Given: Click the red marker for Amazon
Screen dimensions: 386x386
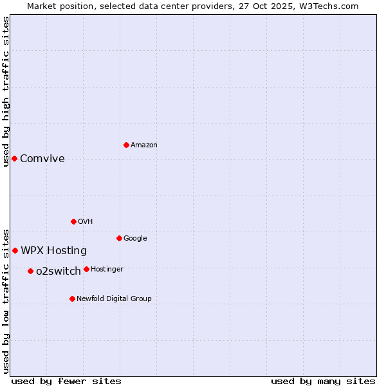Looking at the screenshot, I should pyautogui.click(x=126, y=145).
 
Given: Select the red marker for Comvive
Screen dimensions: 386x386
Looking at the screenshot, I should pyautogui.click(x=14, y=158).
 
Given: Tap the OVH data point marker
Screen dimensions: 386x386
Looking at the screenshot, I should pyautogui.click(x=73, y=221).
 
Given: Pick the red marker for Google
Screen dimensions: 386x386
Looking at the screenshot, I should pyautogui.click(x=119, y=238).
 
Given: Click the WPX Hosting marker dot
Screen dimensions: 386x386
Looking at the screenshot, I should pyautogui.click(x=15, y=250).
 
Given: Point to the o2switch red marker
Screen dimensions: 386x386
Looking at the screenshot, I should pyautogui.click(x=30, y=271).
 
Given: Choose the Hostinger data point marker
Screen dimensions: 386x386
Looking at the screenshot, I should pyautogui.click(x=86, y=269).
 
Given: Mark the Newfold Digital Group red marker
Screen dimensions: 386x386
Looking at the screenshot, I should pyautogui.click(x=72, y=299).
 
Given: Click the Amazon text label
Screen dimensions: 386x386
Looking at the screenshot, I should pyautogui.click(x=144, y=145).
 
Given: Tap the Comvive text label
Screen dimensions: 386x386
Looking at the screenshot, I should pyautogui.click(x=42, y=159).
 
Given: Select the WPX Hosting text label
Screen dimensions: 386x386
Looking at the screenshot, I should pyautogui.click(x=53, y=251).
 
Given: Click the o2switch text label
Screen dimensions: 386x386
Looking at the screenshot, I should pyautogui.click(x=59, y=271).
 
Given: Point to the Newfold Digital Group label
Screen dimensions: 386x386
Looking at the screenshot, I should pyautogui.click(x=114, y=299).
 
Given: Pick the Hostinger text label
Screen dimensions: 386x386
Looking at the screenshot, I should pyautogui.click(x=107, y=269).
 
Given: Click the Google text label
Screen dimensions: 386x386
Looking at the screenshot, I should pyautogui.click(x=135, y=239).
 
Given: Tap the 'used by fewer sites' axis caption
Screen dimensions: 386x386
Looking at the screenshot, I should pyautogui.click(x=66, y=381).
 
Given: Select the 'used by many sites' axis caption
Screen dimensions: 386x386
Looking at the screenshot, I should pyautogui.click(x=323, y=381).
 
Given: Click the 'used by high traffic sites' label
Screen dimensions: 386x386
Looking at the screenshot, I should pyautogui.click(x=6, y=91).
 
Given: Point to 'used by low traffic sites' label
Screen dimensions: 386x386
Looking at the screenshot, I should pyautogui.click(x=6, y=301).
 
